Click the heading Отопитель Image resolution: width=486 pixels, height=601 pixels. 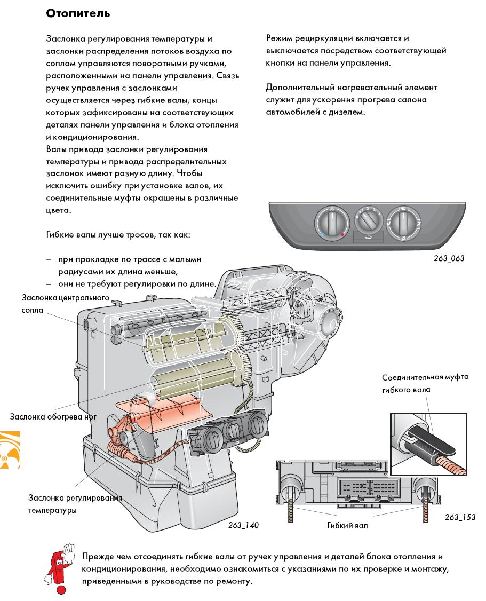[x=78, y=14]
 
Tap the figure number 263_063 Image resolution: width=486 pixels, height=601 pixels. [x=449, y=258]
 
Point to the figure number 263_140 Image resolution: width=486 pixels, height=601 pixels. [x=243, y=525]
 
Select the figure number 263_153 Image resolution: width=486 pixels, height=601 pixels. [x=460, y=517]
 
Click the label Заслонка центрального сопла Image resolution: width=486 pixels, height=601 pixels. [x=65, y=303]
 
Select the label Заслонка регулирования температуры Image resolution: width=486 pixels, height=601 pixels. [x=75, y=504]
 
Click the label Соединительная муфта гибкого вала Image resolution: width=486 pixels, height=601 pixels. [x=425, y=383]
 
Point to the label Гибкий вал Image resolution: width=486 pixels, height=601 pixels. [x=347, y=525]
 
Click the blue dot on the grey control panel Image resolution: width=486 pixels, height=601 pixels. [x=322, y=234]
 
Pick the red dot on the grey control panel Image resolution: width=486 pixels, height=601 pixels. [x=342, y=234]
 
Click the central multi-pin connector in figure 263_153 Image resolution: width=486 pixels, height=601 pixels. [x=358, y=486]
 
